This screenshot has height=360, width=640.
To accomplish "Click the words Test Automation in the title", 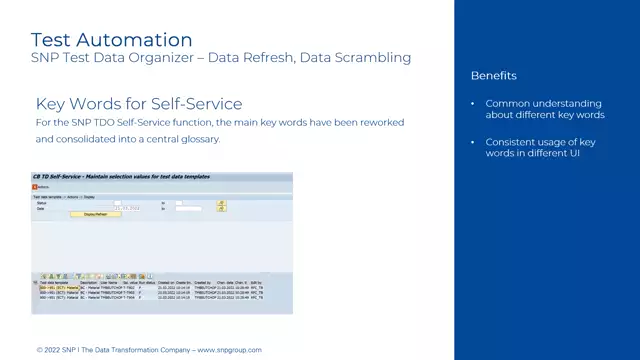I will coord(111,39).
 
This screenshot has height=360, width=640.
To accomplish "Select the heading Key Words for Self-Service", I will coord(139,104).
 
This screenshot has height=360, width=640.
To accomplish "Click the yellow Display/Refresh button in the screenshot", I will coord(95,214).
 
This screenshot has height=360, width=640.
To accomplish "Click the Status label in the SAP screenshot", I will coord(41,202).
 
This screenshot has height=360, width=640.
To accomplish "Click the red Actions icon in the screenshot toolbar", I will coord(34,186).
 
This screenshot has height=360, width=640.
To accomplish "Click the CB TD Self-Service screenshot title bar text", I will coord(120,176).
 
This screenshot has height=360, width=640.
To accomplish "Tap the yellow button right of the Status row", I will coord(221,202).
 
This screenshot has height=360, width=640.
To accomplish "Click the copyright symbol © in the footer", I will coord(39,350).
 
